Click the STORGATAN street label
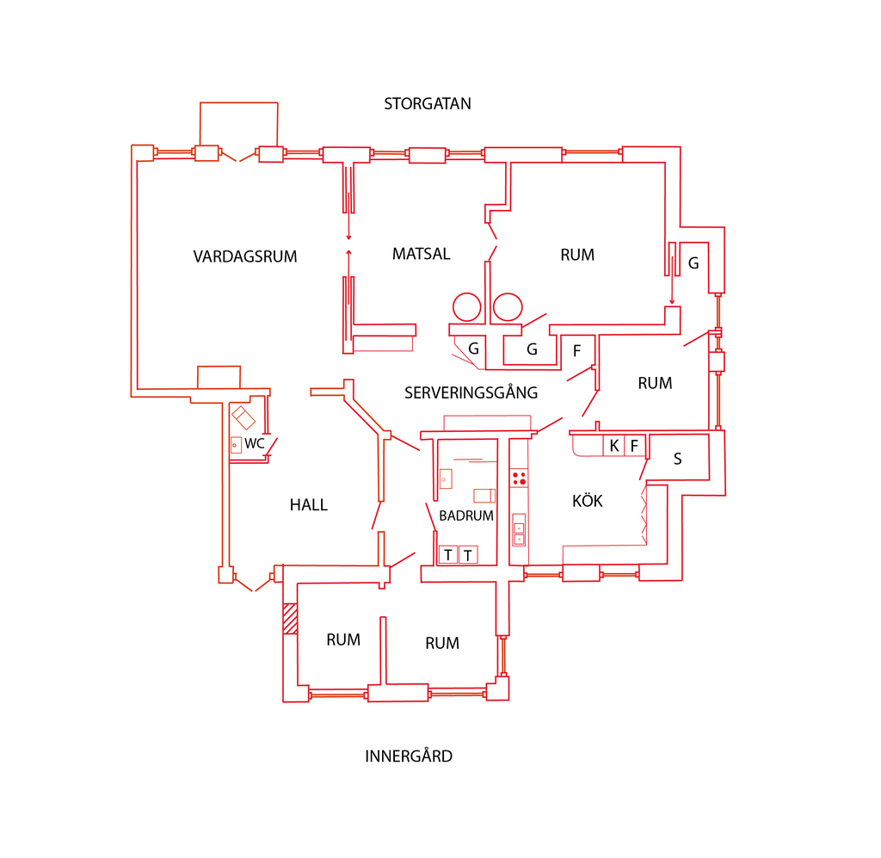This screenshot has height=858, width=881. click(428, 104)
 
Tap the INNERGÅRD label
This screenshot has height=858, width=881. click(409, 756)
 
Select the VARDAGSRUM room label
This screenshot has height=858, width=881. click(245, 256)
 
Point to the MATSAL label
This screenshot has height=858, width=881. click(422, 254)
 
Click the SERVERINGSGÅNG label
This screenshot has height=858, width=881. click(471, 392)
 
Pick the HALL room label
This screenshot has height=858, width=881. click(309, 505)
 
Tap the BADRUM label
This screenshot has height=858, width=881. click(465, 515)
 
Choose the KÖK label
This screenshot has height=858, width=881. click(587, 500)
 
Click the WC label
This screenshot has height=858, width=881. click(254, 443)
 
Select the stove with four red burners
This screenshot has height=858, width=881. click(519, 478)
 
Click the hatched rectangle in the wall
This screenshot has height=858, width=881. click(290, 619)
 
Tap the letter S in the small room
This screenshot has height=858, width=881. click(678, 459)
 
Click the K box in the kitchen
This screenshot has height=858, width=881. click(613, 446)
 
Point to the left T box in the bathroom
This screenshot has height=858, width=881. click(447, 555)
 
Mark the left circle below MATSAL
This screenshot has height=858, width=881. click(467, 307)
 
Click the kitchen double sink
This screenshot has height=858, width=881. click(519, 529)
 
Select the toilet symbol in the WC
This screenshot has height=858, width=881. click(243, 417)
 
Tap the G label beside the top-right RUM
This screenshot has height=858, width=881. click(693, 263)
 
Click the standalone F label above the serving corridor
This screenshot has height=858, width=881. click(576, 351)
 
